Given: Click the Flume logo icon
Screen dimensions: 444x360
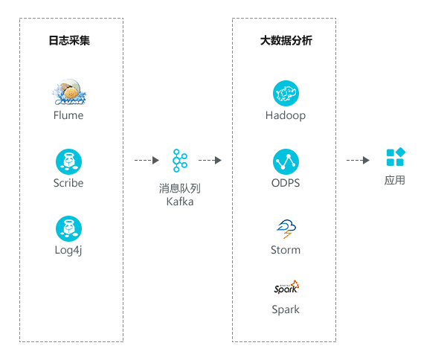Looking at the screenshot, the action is [69, 92].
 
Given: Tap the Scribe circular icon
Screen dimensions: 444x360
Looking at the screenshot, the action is [68, 161].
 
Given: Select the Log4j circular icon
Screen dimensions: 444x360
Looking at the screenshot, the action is [68, 229].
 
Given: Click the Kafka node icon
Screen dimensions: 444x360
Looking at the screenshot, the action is [180, 161].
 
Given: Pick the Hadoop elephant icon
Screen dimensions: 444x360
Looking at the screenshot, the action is [286, 94].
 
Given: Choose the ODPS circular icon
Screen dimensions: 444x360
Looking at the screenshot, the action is [286, 161].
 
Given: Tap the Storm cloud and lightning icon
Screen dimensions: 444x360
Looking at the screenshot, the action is [286, 228].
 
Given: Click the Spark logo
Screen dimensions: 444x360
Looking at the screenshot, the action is [286, 288].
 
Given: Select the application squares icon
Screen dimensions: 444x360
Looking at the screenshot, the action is [396, 157].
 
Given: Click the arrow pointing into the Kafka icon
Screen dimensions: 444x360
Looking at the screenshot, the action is [147, 161].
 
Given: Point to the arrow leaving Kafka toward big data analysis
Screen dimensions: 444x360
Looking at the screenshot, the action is [210, 161].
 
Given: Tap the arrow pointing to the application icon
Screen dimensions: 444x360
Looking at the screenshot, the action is [358, 161].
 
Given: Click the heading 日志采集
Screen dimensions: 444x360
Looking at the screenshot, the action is [69, 40].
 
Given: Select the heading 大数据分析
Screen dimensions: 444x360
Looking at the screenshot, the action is [286, 40].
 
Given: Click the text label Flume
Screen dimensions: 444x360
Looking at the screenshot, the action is [68, 115].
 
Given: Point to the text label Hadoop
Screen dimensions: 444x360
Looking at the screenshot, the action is [286, 115].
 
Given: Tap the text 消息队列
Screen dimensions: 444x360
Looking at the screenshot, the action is [180, 188].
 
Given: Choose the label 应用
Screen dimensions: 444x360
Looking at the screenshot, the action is [395, 180].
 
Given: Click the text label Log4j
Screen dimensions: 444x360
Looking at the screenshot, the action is [68, 251].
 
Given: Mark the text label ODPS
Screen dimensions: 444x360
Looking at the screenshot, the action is [286, 183].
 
